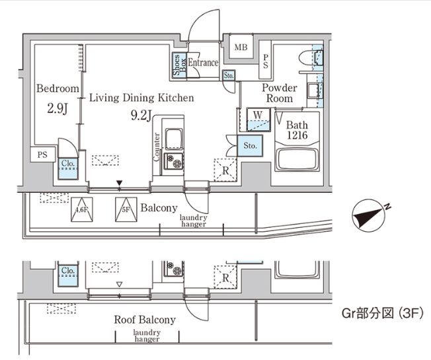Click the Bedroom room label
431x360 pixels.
coord(58,88)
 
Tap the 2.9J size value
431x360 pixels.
coord(58,107)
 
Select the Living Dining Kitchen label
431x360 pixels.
coord(141,98)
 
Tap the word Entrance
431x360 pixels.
coord(203,63)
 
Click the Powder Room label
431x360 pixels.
coord(280,92)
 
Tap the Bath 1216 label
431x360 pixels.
coord(297,128)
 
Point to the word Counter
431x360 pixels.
coord(157,146)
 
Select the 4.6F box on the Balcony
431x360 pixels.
coord(82,209)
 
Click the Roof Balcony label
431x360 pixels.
coord(145,320)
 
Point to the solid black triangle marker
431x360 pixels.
coord(119,183)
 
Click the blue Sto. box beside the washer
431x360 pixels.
coord(251,145)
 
